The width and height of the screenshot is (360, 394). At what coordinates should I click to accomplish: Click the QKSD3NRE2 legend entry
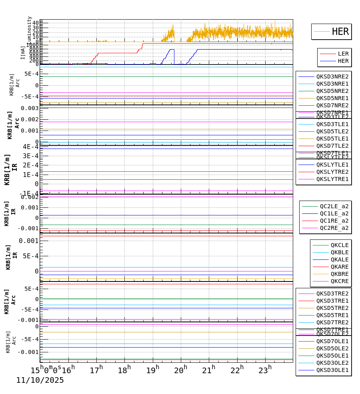pyautogui.click(x=332, y=76)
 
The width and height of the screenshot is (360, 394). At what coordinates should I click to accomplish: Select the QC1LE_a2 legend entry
pyautogui.click(x=334, y=213)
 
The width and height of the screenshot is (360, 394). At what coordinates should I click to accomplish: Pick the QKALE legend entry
pyautogui.click(x=339, y=259)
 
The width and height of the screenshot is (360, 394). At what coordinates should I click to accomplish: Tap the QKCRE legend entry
pyautogui.click(x=339, y=281)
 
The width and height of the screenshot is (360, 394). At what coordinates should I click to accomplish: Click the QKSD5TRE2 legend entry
pyautogui.click(x=332, y=308)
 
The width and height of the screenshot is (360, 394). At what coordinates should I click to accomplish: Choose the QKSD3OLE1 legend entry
pyautogui.click(x=332, y=370)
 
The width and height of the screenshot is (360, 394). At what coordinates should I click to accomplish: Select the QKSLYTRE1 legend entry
pyautogui.click(x=332, y=179)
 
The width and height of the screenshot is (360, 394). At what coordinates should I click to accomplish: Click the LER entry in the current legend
pyautogui.click(x=343, y=54)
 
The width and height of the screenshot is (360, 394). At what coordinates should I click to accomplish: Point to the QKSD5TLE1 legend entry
pyautogui.click(x=332, y=139)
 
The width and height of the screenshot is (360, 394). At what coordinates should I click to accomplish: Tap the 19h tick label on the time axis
pyautogui.click(x=152, y=370)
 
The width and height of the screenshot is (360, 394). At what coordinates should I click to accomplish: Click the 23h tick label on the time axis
pyautogui.click(x=265, y=370)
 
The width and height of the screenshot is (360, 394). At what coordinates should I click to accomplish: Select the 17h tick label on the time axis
pyautogui.click(x=96, y=370)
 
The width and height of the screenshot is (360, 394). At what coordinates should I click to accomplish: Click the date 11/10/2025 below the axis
pyautogui.click(x=40, y=380)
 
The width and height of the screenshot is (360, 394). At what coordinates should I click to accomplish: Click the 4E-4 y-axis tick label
pyautogui.click(x=30, y=147)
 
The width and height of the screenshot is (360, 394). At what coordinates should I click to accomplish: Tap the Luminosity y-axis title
pyautogui.click(x=30, y=29)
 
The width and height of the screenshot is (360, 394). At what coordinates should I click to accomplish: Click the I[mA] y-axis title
pyautogui.click(x=23, y=52)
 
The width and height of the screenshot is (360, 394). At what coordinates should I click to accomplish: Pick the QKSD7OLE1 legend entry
pyautogui.click(x=332, y=341)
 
